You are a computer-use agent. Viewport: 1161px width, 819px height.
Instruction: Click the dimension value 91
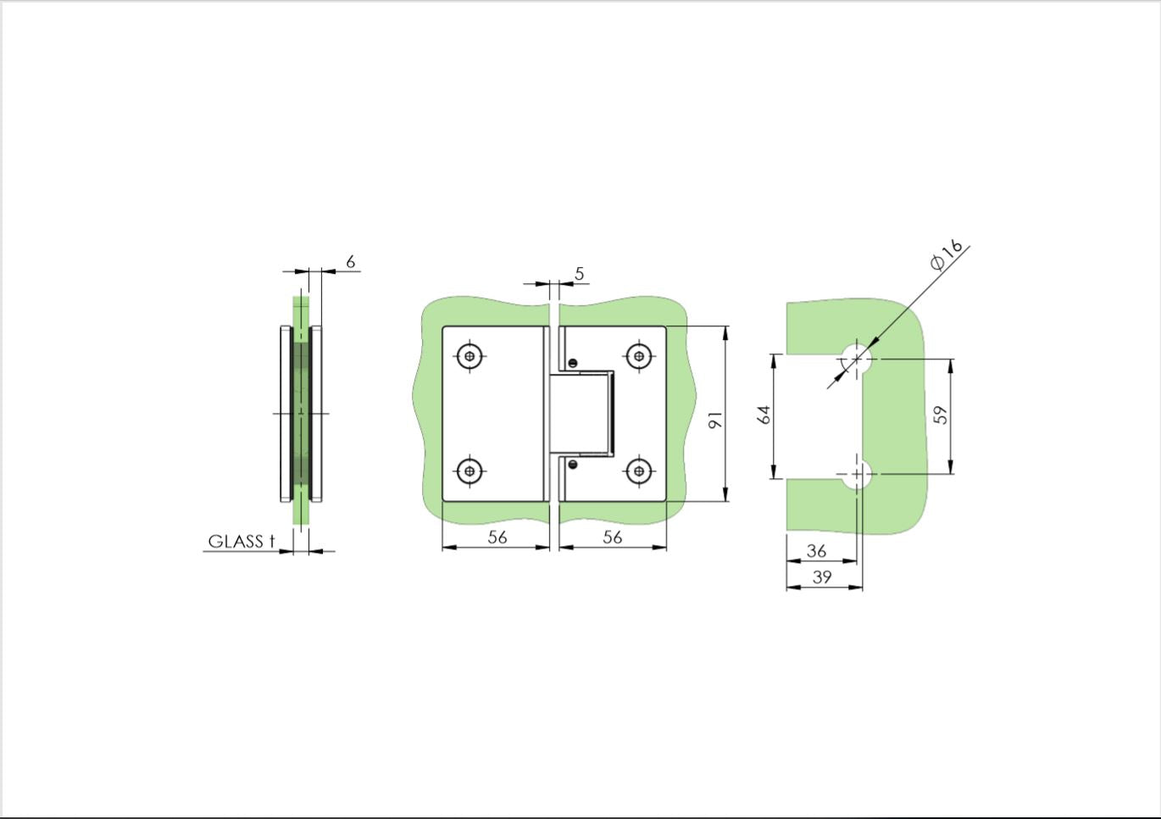click(x=715, y=420)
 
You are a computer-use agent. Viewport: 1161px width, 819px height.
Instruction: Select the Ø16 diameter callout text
click(x=947, y=255)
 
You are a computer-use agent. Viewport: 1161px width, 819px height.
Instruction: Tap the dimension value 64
click(x=764, y=415)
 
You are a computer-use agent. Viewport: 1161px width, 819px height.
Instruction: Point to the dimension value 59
click(x=940, y=415)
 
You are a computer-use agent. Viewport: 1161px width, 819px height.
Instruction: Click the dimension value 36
click(x=816, y=551)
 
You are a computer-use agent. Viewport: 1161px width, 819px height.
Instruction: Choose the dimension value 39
click(x=821, y=577)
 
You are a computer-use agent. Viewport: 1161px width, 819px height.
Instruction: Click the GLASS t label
click(x=242, y=542)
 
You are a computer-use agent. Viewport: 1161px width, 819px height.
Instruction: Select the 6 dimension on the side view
click(x=350, y=262)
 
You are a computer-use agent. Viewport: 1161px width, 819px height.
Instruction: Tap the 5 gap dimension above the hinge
click(x=579, y=274)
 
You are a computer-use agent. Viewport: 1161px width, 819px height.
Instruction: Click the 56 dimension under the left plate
click(x=497, y=537)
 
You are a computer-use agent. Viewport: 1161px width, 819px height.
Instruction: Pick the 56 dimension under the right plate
click(x=612, y=537)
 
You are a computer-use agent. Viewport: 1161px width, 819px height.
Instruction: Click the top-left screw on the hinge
click(x=470, y=355)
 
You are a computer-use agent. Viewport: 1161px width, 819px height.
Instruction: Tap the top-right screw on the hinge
click(x=640, y=355)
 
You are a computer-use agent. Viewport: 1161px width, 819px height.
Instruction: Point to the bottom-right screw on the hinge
click(x=640, y=471)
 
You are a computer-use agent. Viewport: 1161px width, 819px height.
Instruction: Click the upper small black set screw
click(x=573, y=363)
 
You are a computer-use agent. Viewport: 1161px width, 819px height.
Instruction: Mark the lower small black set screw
click(x=573, y=464)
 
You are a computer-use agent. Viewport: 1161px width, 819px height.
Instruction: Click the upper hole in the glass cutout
click(x=857, y=358)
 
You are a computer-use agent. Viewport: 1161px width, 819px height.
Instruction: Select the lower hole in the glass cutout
click(x=857, y=473)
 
